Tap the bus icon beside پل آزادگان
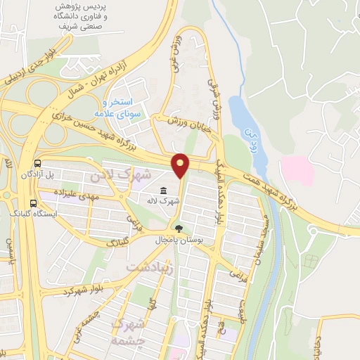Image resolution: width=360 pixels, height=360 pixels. [35, 162]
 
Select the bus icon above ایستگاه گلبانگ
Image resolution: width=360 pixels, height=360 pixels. [33, 204]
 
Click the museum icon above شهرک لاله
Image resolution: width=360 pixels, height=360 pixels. [163, 191]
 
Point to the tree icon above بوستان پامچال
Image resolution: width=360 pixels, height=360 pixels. [179, 229]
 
